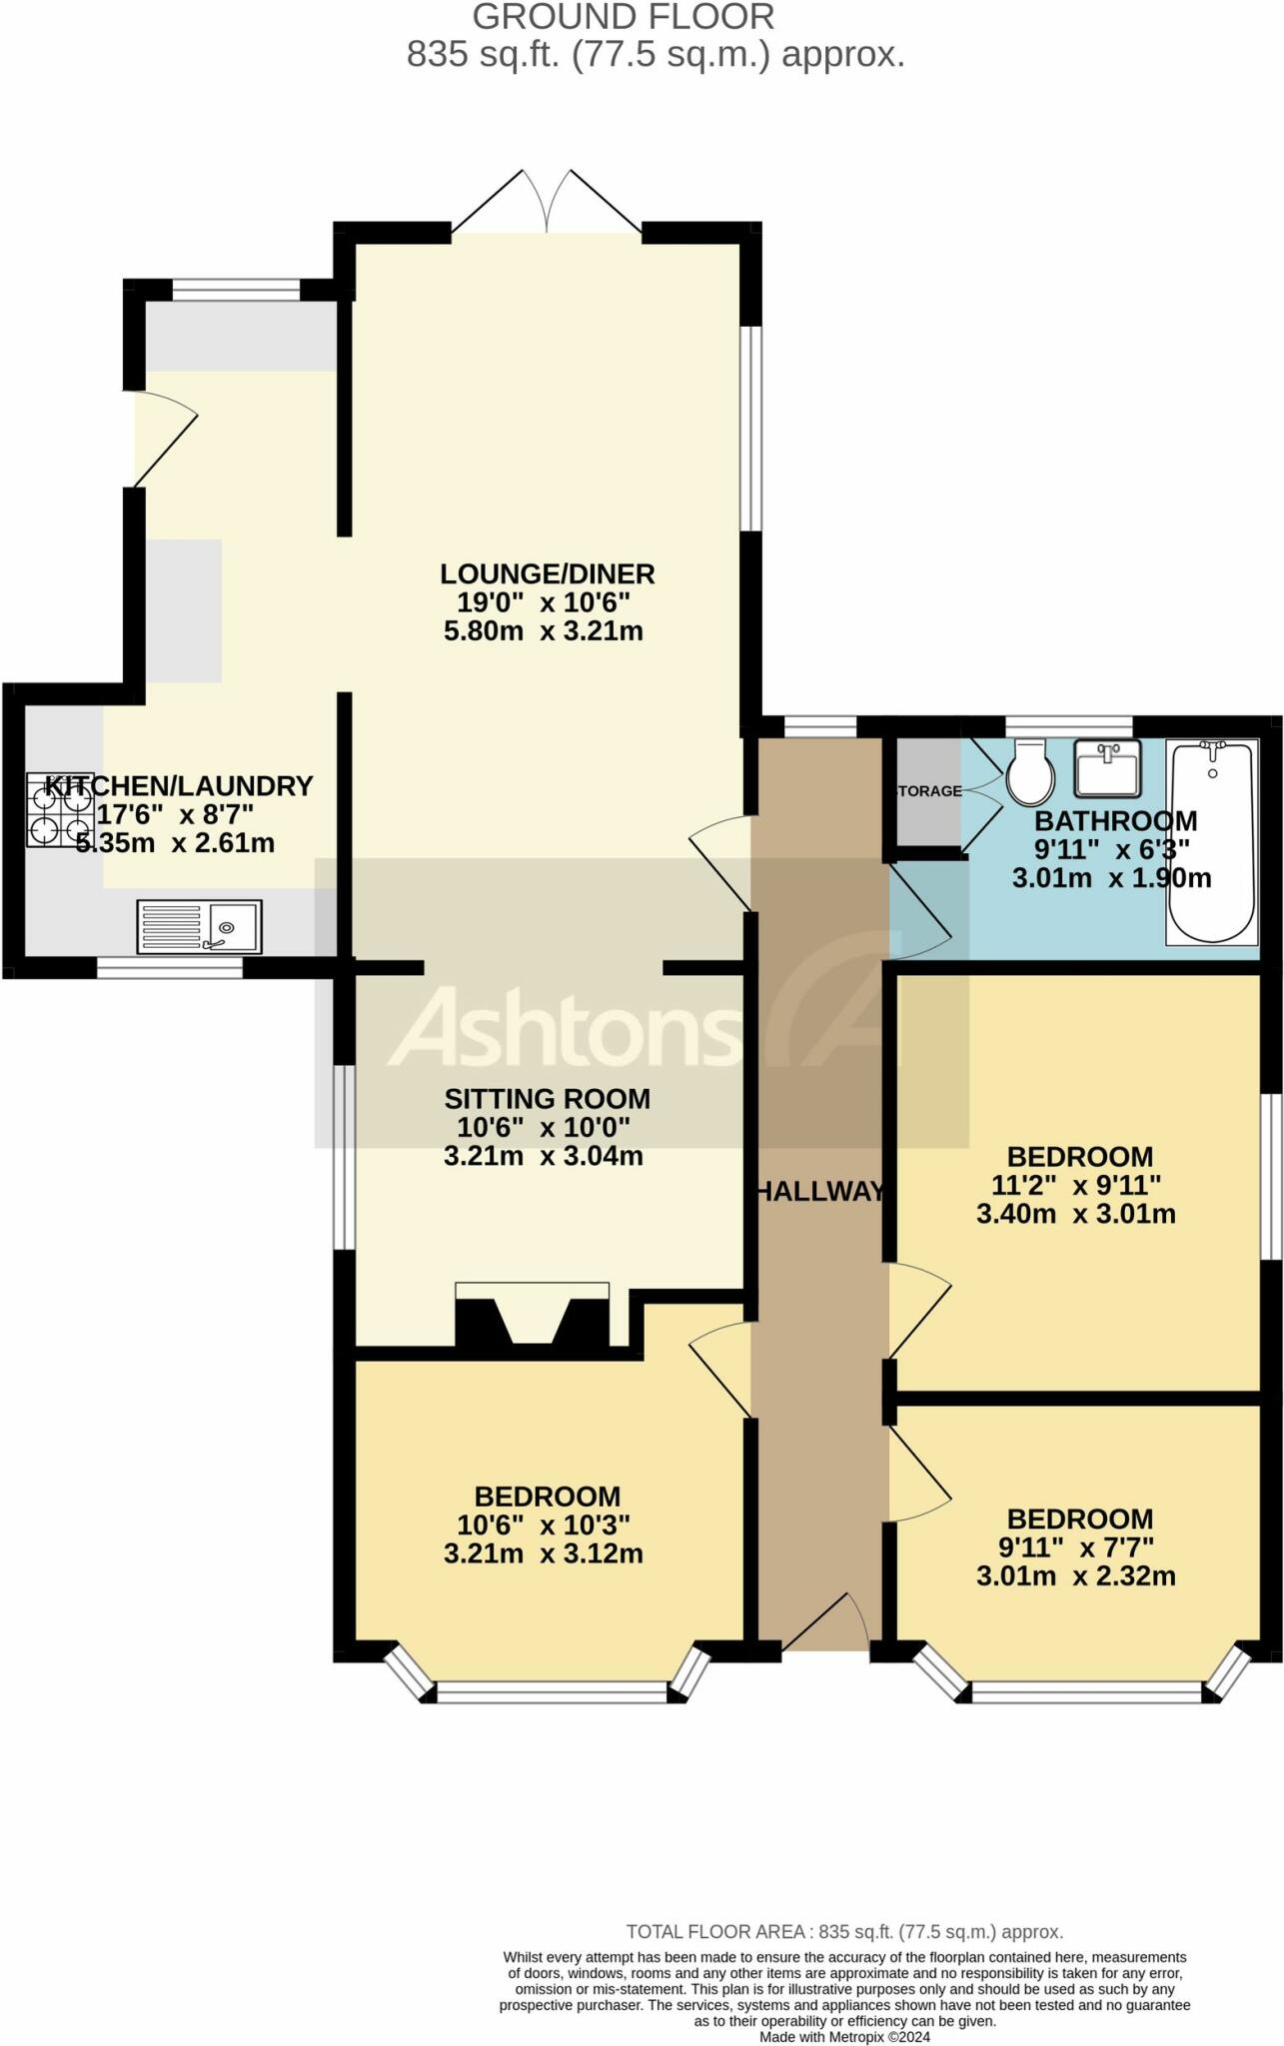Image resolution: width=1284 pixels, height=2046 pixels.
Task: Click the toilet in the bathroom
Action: [1029, 772]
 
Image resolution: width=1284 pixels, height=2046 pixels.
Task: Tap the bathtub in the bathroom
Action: [1212, 842]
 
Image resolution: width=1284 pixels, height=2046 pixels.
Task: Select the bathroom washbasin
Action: [1107, 767]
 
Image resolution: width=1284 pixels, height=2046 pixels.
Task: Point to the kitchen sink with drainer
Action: [199, 926]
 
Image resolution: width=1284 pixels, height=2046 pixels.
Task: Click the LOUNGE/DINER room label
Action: [548, 574]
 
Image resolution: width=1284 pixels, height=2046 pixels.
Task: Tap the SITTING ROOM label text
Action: [548, 1099]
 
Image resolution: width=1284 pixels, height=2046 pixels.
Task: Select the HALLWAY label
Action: [819, 1191]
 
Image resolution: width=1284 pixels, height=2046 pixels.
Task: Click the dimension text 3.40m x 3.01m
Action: [1076, 1215]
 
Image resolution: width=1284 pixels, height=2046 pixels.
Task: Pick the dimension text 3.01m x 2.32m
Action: [1076, 1576]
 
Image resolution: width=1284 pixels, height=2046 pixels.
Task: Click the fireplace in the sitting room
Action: [532, 1317]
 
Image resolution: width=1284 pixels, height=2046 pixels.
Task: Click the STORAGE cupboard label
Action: [929, 791]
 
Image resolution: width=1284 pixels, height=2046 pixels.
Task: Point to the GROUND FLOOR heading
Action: [624, 17]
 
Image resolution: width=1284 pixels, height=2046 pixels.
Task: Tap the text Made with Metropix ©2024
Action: [844, 2036]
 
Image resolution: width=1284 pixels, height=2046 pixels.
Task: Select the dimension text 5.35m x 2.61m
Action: [175, 843]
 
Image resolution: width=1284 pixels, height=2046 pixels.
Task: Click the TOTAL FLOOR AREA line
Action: [844, 1932]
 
